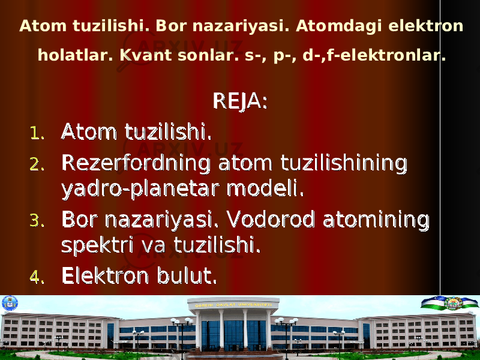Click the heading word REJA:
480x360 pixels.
[240, 101]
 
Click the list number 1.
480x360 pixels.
[37, 134]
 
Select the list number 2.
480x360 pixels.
[37, 164]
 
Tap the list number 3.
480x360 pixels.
[37, 221]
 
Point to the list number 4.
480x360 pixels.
[37, 277]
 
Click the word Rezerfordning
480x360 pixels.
[136, 164]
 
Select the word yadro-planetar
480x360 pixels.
[140, 190]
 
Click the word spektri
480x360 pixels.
[97, 246]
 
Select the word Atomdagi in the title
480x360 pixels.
[339, 26]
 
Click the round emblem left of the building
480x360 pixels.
[10, 303]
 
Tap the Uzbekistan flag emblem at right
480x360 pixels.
[449, 303]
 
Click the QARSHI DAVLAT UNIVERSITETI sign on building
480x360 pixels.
[233, 305]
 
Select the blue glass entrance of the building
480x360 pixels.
[233, 335]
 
